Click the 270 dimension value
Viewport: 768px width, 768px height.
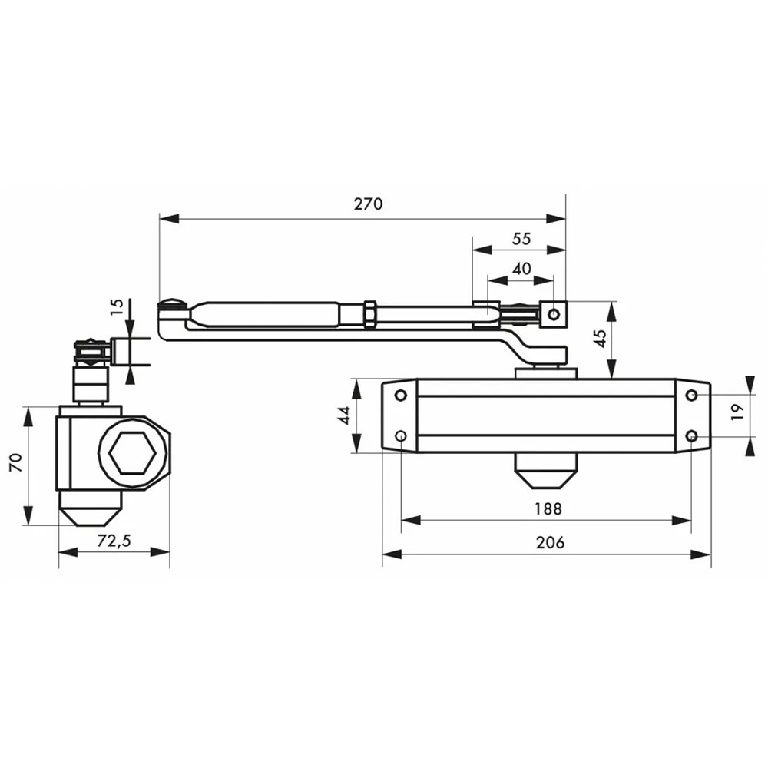click(x=368, y=204)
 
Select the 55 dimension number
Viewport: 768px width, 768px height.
click(x=521, y=239)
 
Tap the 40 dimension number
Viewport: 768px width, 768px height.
click(x=521, y=269)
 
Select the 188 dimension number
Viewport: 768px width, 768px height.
click(x=548, y=508)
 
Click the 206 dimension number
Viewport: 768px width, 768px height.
click(x=550, y=542)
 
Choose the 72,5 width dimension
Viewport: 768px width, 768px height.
click(x=114, y=541)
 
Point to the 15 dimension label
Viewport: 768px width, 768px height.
click(x=117, y=307)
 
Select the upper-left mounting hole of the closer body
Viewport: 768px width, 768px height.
click(x=400, y=396)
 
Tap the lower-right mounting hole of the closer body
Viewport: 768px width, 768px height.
click(x=691, y=436)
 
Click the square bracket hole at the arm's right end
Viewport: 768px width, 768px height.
click(x=554, y=313)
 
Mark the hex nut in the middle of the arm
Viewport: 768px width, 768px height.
click(x=370, y=313)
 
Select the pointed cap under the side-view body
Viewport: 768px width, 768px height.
click(x=90, y=515)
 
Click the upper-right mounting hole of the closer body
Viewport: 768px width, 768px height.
click(x=691, y=396)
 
